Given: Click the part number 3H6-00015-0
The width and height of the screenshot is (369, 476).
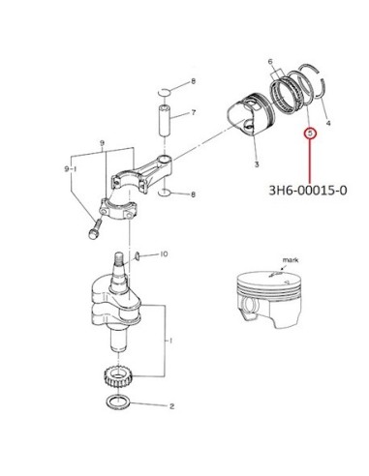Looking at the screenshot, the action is tap(308, 191).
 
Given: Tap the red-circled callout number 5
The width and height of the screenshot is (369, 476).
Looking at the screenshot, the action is tap(311, 133).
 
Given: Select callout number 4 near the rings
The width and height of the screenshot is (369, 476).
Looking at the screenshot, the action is tap(328, 123).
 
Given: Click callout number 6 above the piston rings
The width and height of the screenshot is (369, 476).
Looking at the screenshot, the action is tap(270, 62).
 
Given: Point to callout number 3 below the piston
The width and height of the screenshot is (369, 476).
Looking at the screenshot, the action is tap(257, 164).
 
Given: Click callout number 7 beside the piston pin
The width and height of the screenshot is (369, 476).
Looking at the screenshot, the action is tap(193, 112).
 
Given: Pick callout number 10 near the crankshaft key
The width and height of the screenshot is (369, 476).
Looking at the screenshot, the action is tap(164, 254).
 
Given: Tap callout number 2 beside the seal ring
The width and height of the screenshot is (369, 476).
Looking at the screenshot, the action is tap(171, 406).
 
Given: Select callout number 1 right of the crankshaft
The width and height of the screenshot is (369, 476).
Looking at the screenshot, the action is tap(171, 341).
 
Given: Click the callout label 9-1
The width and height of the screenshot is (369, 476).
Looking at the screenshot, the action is tap(70, 169).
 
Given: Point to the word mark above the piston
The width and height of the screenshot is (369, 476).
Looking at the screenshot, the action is tap(291, 259).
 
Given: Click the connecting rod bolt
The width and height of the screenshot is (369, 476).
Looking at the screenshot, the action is tap(94, 228).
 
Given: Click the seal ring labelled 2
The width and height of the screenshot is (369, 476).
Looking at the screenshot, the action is tap(118, 402).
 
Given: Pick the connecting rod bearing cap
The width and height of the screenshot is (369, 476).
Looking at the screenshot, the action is tap(118, 210).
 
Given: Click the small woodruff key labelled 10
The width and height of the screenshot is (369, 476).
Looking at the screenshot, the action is tap(137, 255).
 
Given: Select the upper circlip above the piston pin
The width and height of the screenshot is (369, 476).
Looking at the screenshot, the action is tap(164, 92).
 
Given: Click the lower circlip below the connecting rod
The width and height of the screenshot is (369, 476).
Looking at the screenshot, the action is tap(166, 193).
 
